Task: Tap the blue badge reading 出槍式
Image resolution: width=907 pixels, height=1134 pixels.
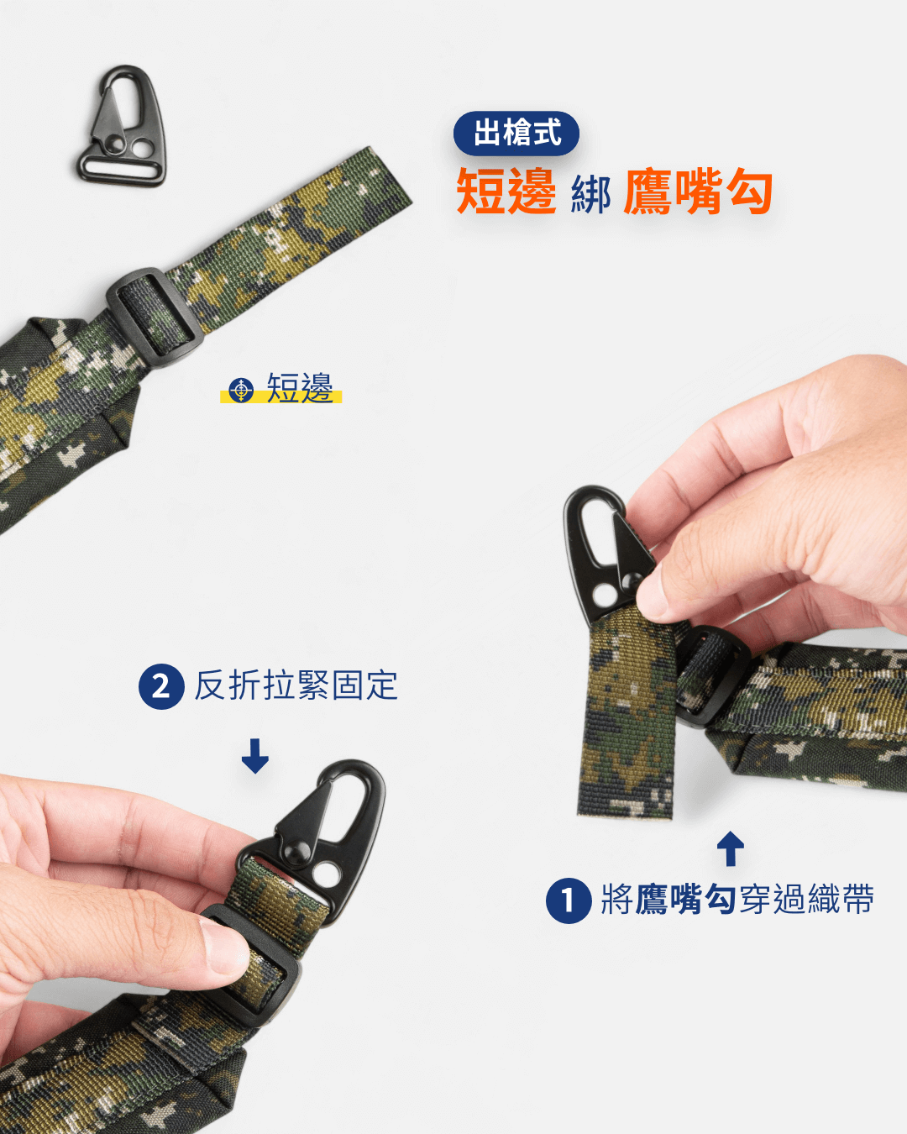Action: coord(516,133)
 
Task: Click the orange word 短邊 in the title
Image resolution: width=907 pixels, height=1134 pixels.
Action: coord(506,192)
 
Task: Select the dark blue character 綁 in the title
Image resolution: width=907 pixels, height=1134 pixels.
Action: coord(590,196)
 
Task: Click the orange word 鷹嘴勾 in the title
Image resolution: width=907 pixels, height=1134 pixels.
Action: coord(697,192)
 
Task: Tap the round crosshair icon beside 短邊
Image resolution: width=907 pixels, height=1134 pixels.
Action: coord(241,390)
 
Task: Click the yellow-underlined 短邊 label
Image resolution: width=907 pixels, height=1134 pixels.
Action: coord(300,388)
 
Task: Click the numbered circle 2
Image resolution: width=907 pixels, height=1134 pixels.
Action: coord(161,686)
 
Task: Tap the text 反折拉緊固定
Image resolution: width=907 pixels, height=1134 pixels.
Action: coord(296,685)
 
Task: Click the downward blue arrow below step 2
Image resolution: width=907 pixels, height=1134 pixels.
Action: coord(255,755)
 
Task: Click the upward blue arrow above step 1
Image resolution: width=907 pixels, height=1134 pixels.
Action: coord(731,848)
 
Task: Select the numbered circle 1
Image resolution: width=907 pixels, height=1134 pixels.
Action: coord(569,900)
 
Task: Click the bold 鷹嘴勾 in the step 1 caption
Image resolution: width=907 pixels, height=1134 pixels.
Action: coord(685,899)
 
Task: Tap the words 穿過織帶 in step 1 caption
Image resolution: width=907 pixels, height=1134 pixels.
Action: coord(806,899)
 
